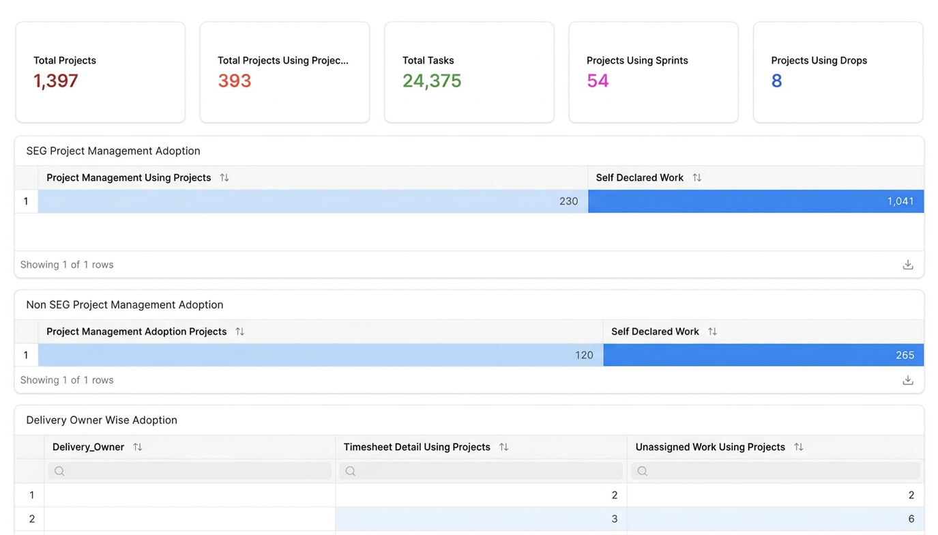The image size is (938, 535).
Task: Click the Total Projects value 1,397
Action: [56, 81]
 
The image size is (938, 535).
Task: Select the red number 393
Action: [235, 81]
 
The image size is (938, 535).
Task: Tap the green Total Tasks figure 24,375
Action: [432, 81]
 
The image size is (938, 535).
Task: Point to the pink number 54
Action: [598, 81]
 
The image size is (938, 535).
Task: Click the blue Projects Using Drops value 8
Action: [776, 81]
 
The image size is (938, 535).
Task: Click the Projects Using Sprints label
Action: [637, 60]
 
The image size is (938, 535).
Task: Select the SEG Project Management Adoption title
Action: [113, 151]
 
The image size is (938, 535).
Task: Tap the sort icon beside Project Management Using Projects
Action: [224, 177]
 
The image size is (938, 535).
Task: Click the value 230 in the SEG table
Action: [568, 201]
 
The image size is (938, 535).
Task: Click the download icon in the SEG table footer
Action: [908, 265]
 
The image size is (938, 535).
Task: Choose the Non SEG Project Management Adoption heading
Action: [124, 304]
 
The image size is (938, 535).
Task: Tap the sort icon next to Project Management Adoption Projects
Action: [240, 332]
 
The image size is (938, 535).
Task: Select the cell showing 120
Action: [584, 356]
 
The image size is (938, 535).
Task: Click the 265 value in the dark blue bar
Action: [905, 356]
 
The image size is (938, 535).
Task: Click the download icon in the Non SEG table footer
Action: [908, 380]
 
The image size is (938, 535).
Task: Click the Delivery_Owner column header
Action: [88, 447]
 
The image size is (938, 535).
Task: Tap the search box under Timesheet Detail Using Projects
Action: [481, 472]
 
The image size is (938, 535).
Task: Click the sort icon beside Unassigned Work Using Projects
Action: [799, 447]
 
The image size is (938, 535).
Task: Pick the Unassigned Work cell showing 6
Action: [911, 519]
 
